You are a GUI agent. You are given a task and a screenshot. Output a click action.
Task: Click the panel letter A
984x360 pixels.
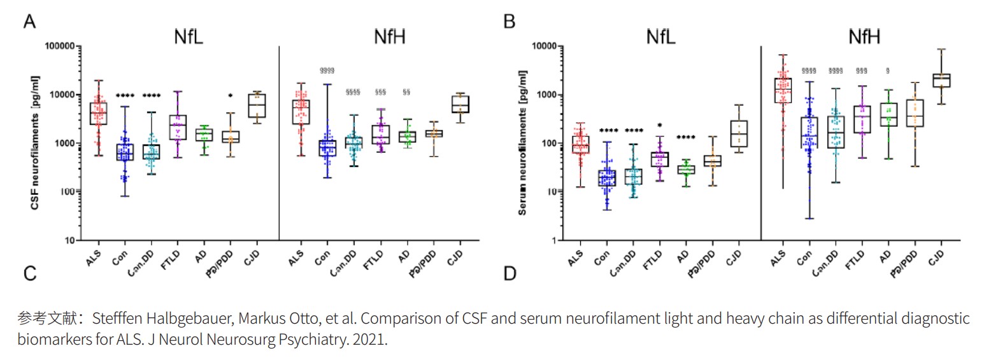coord(29,22)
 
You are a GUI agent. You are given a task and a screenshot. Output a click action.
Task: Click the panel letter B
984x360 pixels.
coord(510,22)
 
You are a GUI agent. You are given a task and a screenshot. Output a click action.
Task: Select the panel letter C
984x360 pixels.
coord(29,275)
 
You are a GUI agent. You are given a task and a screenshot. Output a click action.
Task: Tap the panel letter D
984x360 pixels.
coord(510,275)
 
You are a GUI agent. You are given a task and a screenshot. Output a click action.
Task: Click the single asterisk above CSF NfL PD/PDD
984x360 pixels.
coord(230,96)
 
